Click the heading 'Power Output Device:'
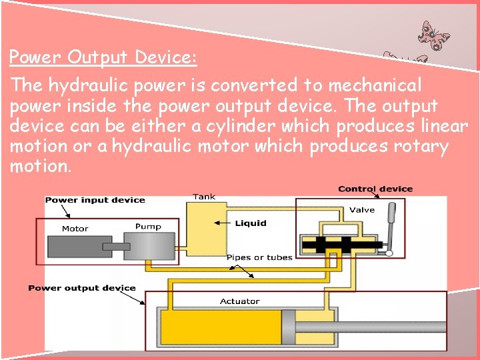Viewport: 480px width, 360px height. pyautogui.click(x=103, y=57)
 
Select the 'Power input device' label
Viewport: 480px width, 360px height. pyautogui.click(x=95, y=200)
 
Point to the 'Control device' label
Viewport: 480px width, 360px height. pyautogui.click(x=375, y=189)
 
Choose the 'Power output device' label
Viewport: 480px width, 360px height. pyautogui.click(x=82, y=288)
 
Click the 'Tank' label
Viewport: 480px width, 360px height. pyautogui.click(x=204, y=197)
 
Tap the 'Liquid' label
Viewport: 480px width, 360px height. pyautogui.click(x=251, y=223)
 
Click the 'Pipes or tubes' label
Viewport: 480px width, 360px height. pyautogui.click(x=259, y=257)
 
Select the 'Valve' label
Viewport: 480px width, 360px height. pyautogui.click(x=362, y=210)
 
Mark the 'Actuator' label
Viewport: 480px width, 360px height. pyautogui.click(x=240, y=301)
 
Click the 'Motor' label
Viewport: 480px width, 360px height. pyautogui.click(x=75, y=229)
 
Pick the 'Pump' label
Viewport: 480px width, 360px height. pyautogui.click(x=148, y=227)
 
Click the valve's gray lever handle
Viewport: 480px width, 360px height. pyautogui.click(x=392, y=227)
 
